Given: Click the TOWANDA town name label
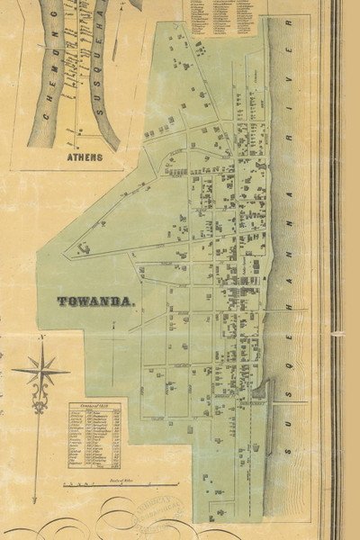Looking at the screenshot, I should [96, 302].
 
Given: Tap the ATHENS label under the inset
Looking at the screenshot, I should [85, 157].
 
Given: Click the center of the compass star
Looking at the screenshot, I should [40, 370].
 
